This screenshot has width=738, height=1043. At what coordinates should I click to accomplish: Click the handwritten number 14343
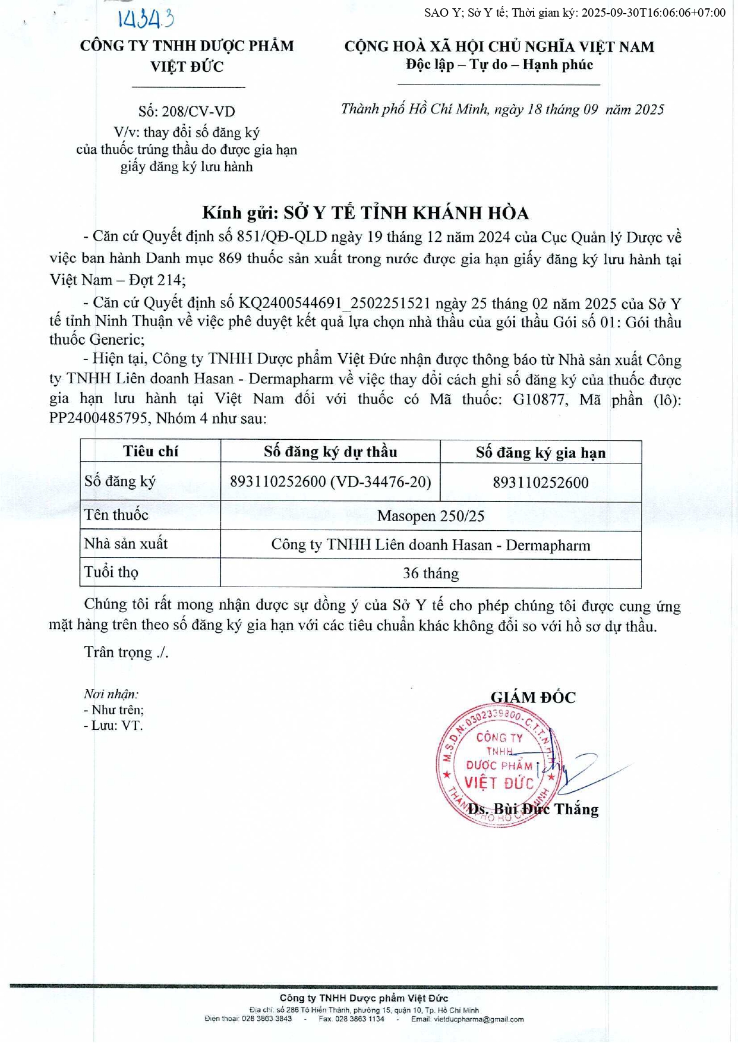pos(146,19)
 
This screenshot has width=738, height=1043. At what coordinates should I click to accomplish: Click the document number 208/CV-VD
pos(187,111)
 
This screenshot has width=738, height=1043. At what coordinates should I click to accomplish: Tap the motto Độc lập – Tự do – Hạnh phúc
pos(499,65)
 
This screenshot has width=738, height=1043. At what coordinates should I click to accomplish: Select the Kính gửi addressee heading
pos(365,213)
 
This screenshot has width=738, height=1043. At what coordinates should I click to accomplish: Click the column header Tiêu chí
pos(150,451)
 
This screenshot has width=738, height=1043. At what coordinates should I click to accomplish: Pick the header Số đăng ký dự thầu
pos(330,452)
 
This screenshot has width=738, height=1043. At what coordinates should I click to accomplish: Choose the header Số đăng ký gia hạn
pos(540,453)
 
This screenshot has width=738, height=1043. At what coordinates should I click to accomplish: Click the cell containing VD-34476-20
pos(330,481)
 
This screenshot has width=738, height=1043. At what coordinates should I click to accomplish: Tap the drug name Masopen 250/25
pos(430,516)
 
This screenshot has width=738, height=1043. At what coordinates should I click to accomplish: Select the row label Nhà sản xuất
pos(126,544)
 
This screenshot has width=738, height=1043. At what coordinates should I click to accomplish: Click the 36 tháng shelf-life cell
pos(430,574)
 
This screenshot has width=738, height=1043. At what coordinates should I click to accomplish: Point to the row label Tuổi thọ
pos(111,572)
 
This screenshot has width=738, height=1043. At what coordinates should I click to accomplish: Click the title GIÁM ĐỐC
pos(533,697)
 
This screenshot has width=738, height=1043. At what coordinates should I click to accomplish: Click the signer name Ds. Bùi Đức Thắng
pos(533,809)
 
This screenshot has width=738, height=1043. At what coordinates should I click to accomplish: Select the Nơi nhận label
pos(111,694)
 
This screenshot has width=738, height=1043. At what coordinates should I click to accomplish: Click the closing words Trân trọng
pos(126,653)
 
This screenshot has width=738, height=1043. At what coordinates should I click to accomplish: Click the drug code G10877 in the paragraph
pos(538,399)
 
